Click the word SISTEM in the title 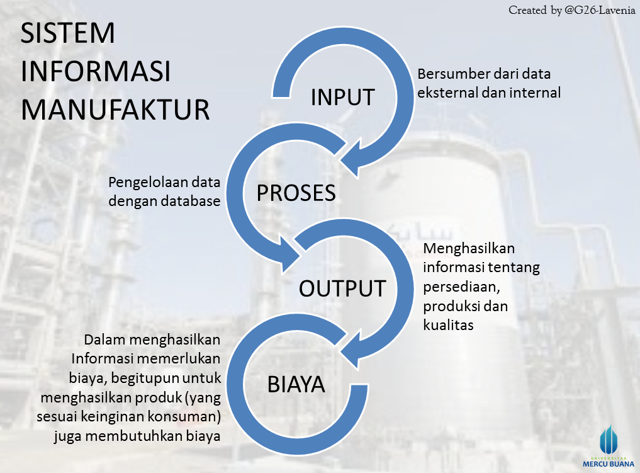click(68, 34)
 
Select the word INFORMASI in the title click(96, 72)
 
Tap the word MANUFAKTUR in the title click(115, 109)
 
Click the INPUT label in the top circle click(343, 98)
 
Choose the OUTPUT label click(342, 288)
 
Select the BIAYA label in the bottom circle click(296, 384)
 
